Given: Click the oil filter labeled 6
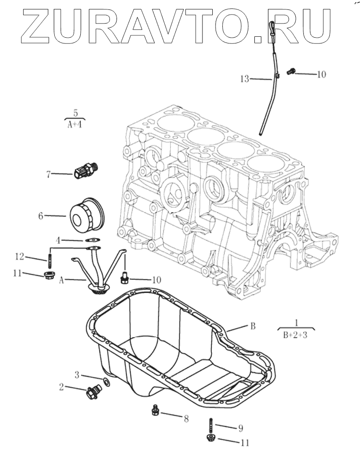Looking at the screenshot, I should pyautogui.click(x=87, y=216).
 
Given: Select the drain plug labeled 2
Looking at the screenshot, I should pyautogui.click(x=92, y=391).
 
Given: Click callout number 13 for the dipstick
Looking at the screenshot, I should pyautogui.click(x=244, y=79).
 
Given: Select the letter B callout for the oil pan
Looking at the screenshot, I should pyautogui.click(x=252, y=326).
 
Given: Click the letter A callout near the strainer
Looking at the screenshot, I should pyautogui.click(x=61, y=280).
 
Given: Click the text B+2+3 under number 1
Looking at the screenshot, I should pyautogui.click(x=295, y=336).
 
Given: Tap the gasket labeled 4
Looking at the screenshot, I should pyautogui.click(x=92, y=240).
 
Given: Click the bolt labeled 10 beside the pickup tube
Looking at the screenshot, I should pyautogui.click(x=125, y=277).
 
